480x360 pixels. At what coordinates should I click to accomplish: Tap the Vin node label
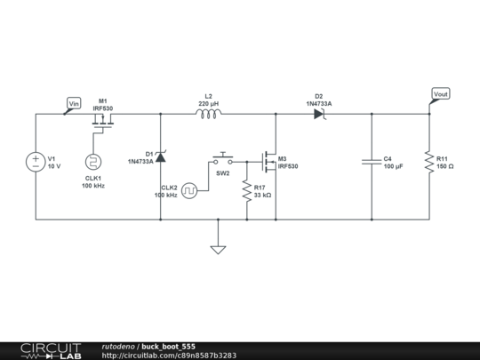pyautogui.click(x=75, y=103)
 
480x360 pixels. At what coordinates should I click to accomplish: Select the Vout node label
pyautogui.click(x=440, y=93)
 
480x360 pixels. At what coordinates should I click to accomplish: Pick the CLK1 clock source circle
pyautogui.click(x=92, y=162)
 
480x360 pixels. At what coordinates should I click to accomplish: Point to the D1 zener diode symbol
pyautogui.click(x=160, y=157)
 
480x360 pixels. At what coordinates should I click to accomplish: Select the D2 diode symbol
pyautogui.click(x=319, y=114)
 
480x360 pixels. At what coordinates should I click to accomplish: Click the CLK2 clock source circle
pyautogui.click(x=188, y=189)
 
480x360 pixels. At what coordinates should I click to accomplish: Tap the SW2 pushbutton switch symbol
pyautogui.click(x=222, y=160)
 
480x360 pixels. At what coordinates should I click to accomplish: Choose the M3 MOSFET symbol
pyautogui.click(x=269, y=161)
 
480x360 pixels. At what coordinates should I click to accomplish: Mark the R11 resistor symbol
pyautogui.click(x=428, y=162)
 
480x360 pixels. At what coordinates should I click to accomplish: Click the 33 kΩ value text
pyautogui.click(x=262, y=194)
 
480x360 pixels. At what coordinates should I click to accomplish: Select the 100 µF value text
pyautogui.click(x=394, y=166)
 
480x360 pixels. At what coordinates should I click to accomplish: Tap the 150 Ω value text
pyautogui.click(x=445, y=166)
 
